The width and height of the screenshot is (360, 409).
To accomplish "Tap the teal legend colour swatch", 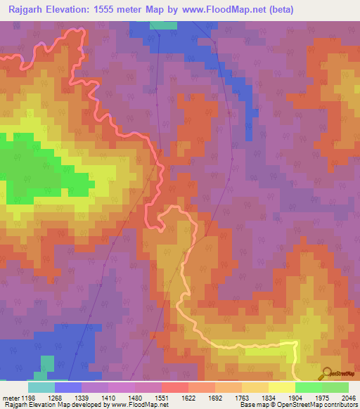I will tap(41, 387).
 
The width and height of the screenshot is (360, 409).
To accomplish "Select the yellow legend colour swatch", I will tap(281, 387).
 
